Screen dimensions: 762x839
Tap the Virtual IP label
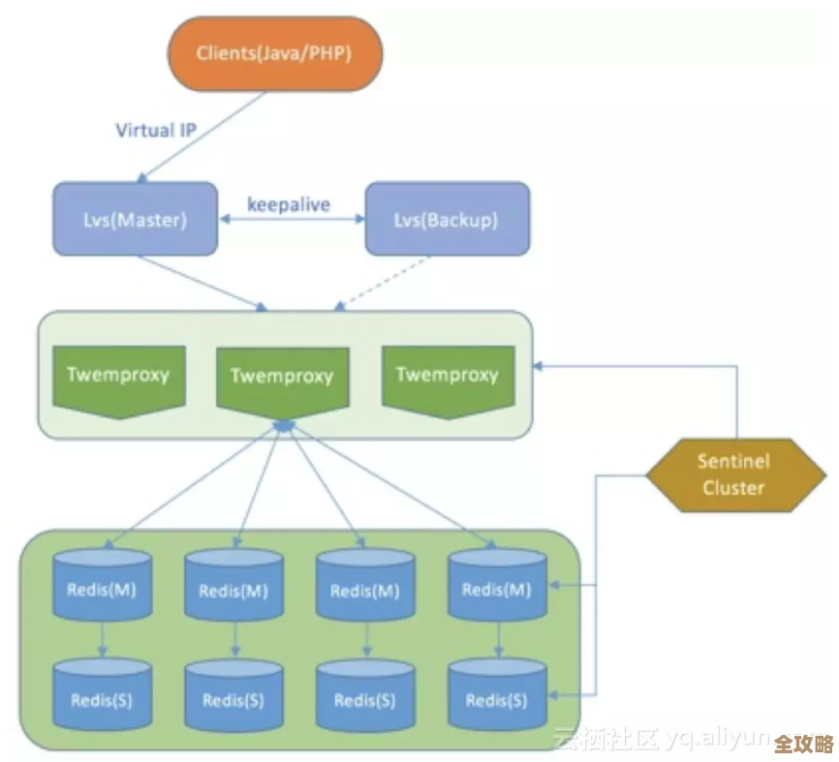click(x=159, y=130)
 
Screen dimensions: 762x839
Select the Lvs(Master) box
click(x=135, y=219)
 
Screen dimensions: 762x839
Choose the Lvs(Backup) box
click(x=447, y=219)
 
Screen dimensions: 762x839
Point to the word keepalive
click(x=289, y=205)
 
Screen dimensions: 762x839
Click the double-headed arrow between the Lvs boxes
click(x=290, y=221)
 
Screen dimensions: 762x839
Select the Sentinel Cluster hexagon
click(x=733, y=474)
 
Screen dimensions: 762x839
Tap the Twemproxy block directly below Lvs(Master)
click(x=118, y=378)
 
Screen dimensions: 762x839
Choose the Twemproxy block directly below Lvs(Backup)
click(x=447, y=378)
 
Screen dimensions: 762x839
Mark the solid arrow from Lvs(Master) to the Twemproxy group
click(x=202, y=284)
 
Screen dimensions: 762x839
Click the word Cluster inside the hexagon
click(x=733, y=487)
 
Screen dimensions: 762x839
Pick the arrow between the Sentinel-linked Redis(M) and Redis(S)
click(x=497, y=639)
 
